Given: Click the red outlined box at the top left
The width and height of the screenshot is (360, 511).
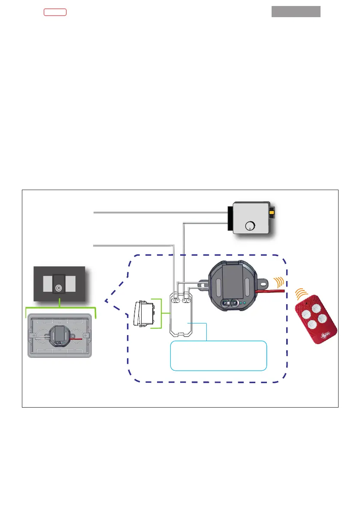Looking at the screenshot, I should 55,12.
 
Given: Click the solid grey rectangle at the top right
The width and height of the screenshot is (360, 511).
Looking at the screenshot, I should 296,12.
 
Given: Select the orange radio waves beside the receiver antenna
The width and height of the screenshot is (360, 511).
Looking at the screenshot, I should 278,282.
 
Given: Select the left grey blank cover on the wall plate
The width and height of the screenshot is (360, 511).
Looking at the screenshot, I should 47,284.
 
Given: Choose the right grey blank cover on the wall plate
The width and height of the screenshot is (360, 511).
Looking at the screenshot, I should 71,284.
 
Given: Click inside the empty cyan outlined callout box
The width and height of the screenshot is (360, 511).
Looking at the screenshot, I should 219,356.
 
